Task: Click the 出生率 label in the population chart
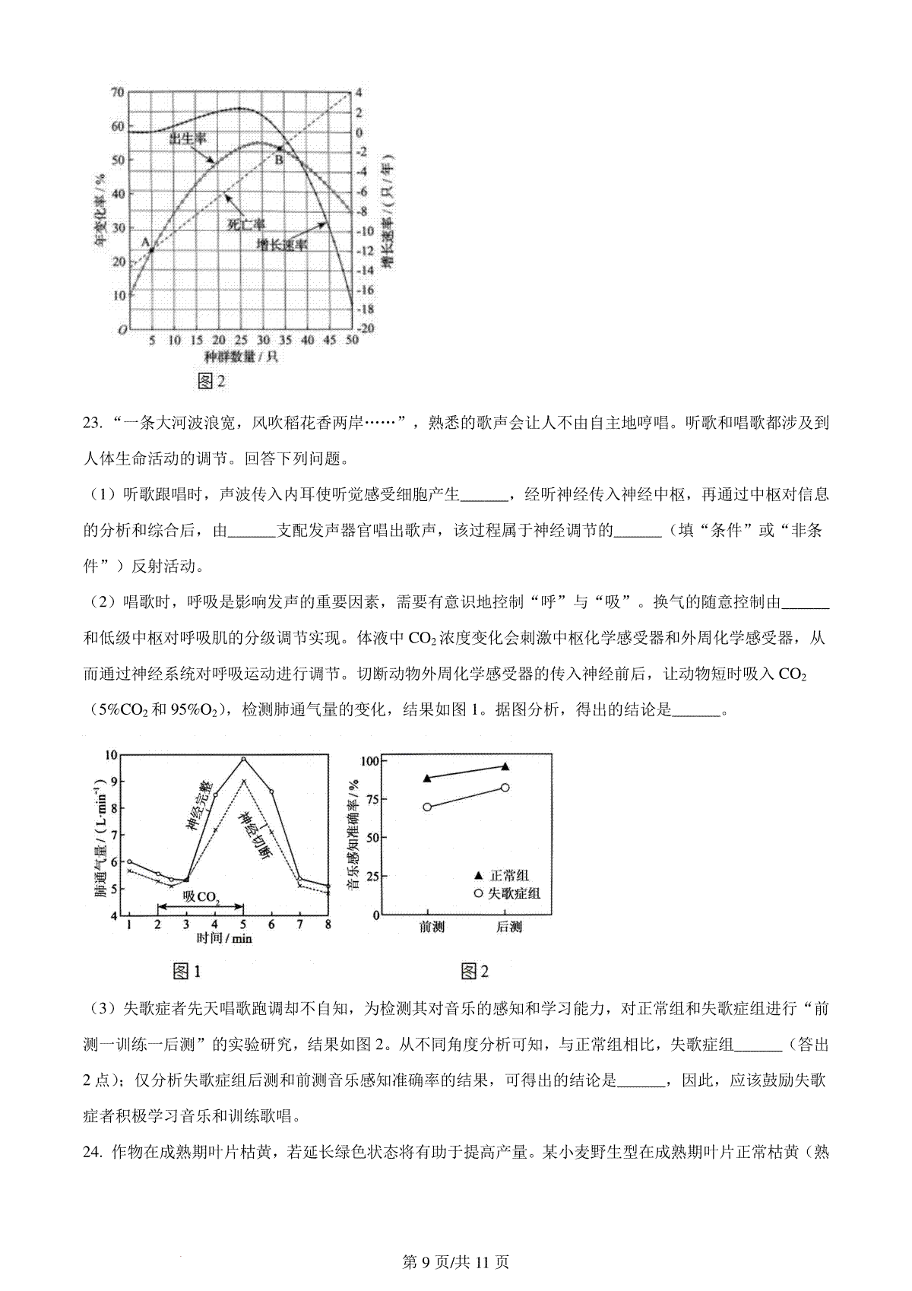click(188, 138)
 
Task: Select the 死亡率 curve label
click(247, 224)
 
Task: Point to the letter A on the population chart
click(145, 242)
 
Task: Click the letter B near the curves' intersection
click(279, 160)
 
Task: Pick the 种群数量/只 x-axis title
click(240, 357)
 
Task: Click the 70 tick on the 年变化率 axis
click(117, 93)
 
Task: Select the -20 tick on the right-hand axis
click(366, 328)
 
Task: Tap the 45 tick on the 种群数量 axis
click(330, 340)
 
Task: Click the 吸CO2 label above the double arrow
click(201, 897)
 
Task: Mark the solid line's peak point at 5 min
click(243, 759)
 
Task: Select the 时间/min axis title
click(224, 938)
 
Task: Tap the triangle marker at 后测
click(505, 766)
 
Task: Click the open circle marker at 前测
click(427, 807)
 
